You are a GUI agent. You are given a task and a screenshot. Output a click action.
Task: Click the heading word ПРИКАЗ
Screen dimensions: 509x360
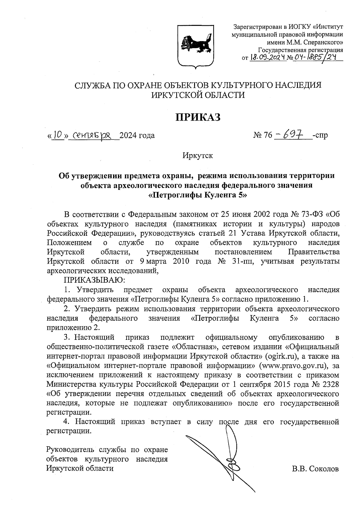[198, 117]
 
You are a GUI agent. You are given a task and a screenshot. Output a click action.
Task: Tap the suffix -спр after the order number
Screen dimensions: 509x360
[320, 136]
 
